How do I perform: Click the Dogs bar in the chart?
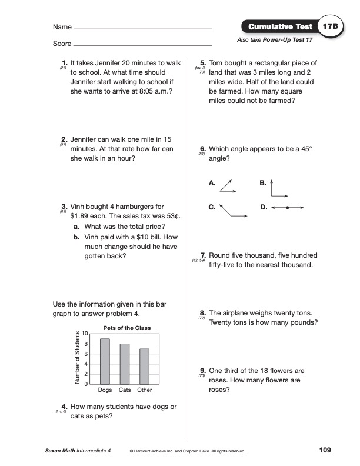point(105,361)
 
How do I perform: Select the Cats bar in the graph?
point(125,364)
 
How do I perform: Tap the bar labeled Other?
point(144,367)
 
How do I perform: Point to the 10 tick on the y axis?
point(85,334)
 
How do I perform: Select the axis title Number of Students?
point(77,358)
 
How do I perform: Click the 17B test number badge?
point(329,27)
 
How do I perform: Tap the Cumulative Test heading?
point(279,27)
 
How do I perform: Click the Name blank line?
point(142,28)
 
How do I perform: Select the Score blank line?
point(142,45)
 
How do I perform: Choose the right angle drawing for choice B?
point(279,187)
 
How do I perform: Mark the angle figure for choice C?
point(231,212)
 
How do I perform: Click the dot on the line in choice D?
point(287,208)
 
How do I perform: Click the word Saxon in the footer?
point(55,451)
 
